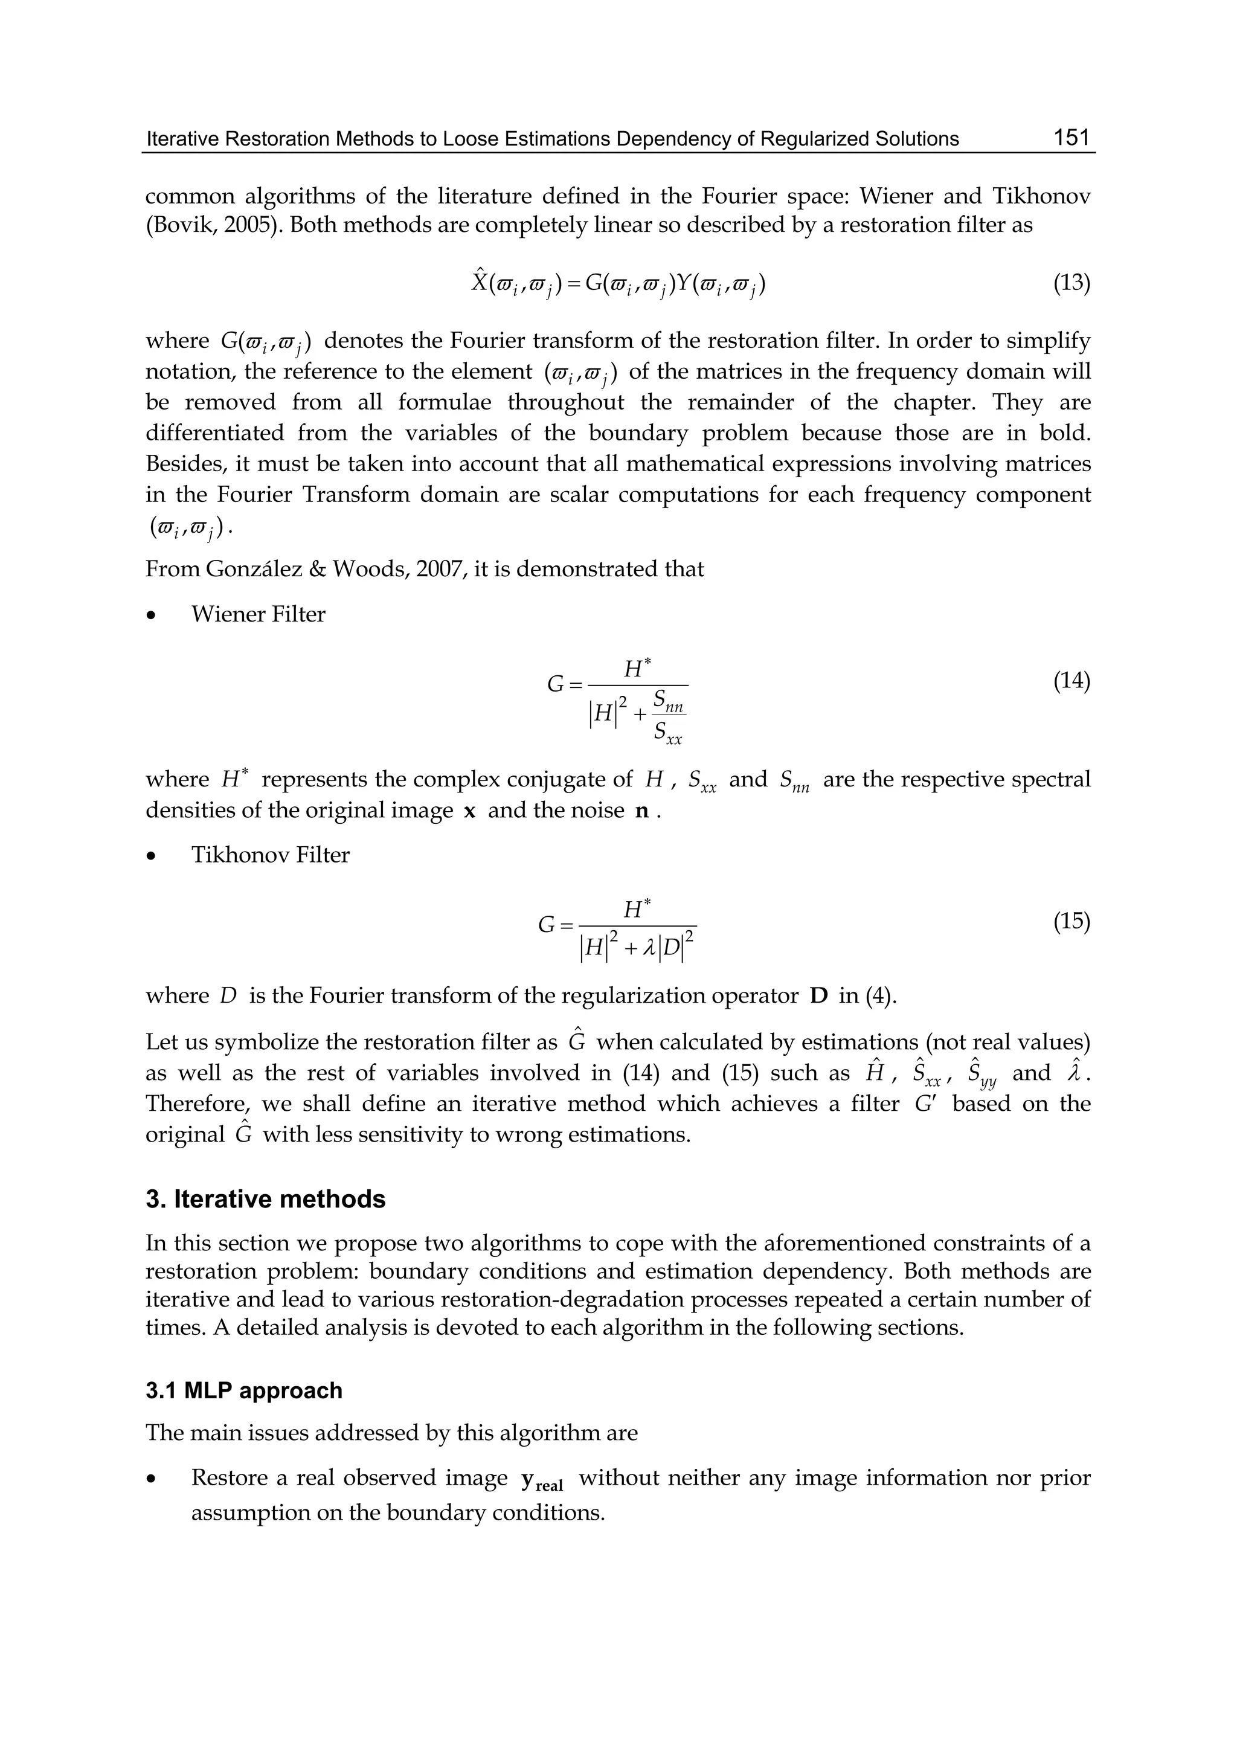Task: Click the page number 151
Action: [1072, 138]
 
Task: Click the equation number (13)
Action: [1071, 283]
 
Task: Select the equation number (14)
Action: [1071, 681]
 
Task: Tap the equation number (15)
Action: [1071, 922]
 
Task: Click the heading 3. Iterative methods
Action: [265, 1200]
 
